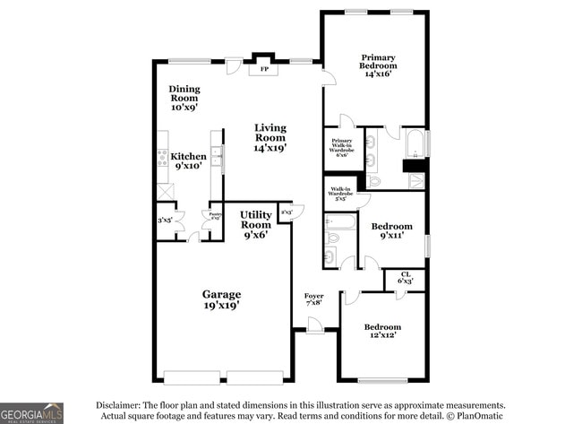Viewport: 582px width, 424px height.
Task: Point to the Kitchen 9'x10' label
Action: tap(188, 160)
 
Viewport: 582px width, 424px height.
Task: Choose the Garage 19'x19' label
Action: tap(220, 299)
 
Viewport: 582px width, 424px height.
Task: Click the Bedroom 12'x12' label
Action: tap(382, 331)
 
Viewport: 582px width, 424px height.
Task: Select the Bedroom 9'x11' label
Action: tap(392, 230)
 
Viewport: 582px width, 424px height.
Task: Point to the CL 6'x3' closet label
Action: tap(406, 278)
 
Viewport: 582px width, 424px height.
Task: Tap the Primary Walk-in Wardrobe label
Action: tap(341, 147)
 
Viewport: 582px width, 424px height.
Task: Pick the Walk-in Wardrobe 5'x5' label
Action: tap(339, 193)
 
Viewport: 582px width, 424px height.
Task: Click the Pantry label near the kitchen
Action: tap(215, 215)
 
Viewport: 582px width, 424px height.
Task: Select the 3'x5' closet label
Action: tap(165, 220)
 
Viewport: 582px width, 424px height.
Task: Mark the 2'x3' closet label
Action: tap(286, 212)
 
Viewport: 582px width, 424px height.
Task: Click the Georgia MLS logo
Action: tap(31, 412)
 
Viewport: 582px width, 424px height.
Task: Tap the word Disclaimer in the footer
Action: tap(119, 405)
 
